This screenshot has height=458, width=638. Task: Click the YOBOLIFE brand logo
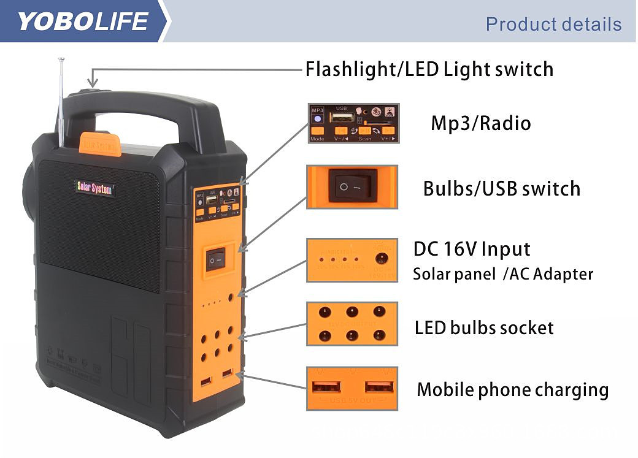(x=82, y=21)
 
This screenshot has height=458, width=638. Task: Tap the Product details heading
(x=553, y=25)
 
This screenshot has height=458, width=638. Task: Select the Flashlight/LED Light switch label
(x=429, y=69)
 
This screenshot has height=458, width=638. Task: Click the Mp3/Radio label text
(x=480, y=123)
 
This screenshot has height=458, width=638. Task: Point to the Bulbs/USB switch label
(x=501, y=188)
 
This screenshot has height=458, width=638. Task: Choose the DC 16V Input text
(x=471, y=249)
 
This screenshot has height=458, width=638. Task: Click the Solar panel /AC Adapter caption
(x=503, y=274)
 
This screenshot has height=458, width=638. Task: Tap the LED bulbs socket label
(x=484, y=328)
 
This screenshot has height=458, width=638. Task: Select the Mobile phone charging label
(x=512, y=389)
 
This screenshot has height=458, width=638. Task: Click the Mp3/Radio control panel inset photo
(x=353, y=123)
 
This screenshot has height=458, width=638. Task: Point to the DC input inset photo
(x=352, y=259)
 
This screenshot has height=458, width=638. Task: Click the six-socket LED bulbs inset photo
(x=352, y=323)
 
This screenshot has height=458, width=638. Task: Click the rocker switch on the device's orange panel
(x=215, y=259)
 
